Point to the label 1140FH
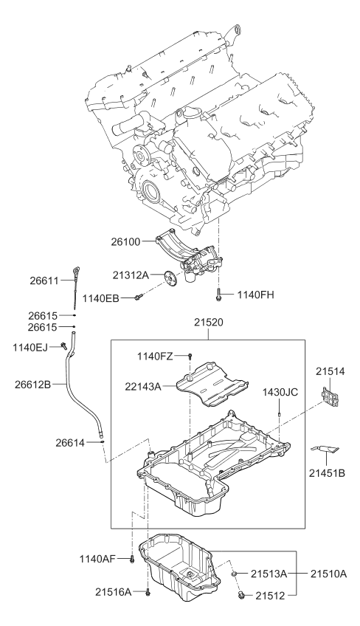point(257,295)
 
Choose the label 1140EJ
point(32,345)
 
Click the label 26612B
point(34,384)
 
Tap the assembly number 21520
point(209,323)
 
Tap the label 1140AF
point(100,559)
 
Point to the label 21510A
point(328,573)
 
